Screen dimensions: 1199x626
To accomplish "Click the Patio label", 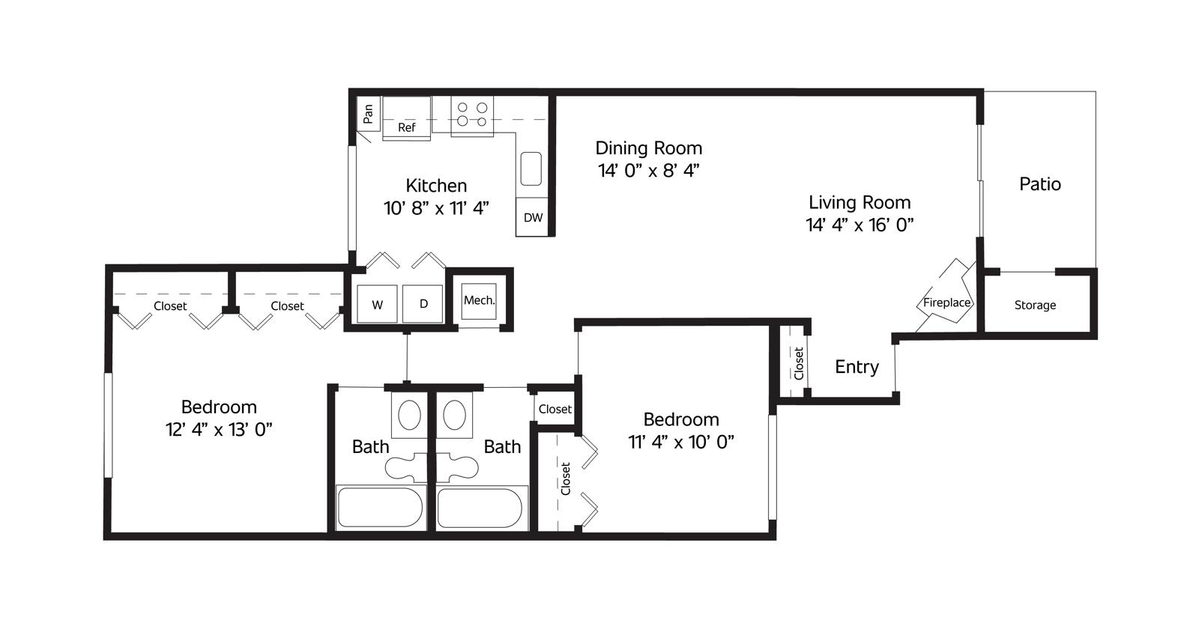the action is point(1039,184).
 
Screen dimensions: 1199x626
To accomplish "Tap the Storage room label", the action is point(1035,305).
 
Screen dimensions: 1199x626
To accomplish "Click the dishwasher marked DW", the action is point(533,217).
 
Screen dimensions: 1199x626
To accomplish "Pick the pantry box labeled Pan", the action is point(368,113).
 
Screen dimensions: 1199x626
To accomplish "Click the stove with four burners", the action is point(471,115).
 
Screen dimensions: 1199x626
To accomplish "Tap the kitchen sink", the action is point(531,169).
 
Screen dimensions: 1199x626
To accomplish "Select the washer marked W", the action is point(378,304).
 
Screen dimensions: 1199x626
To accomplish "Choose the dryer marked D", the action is point(423,304).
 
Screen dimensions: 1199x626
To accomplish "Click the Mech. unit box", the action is point(479,301).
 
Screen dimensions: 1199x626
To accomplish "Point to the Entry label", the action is point(857,367).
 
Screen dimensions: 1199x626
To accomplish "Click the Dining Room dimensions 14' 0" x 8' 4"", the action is point(649,171).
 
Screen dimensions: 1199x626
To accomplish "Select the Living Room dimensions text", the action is point(860,225).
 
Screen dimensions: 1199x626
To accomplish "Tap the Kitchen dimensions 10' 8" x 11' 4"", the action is point(436,208).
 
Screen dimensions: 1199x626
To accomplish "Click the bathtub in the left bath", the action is point(380,507).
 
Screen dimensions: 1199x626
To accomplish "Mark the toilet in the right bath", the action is point(457,466).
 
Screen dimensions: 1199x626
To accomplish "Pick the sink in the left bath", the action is point(409,415).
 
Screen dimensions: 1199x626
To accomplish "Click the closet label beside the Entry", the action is point(799,364).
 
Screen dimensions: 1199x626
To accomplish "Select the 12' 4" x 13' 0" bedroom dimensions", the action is point(219,430).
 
